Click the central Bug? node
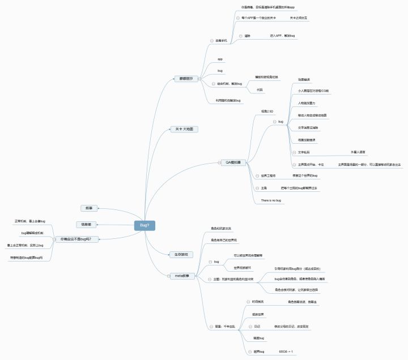click(x=144, y=225)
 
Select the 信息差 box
click(x=88, y=225)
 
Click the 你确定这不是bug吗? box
click(x=76, y=239)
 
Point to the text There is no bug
click(x=271, y=201)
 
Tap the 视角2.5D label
click(x=267, y=111)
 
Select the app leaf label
click(x=220, y=59)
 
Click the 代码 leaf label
click(x=260, y=89)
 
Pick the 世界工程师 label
click(x=269, y=176)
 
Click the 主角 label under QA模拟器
click(x=264, y=187)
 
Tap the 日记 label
click(x=257, y=327)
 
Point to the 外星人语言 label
click(x=358, y=152)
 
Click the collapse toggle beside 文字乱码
click(x=293, y=153)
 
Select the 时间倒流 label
click(x=258, y=302)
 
